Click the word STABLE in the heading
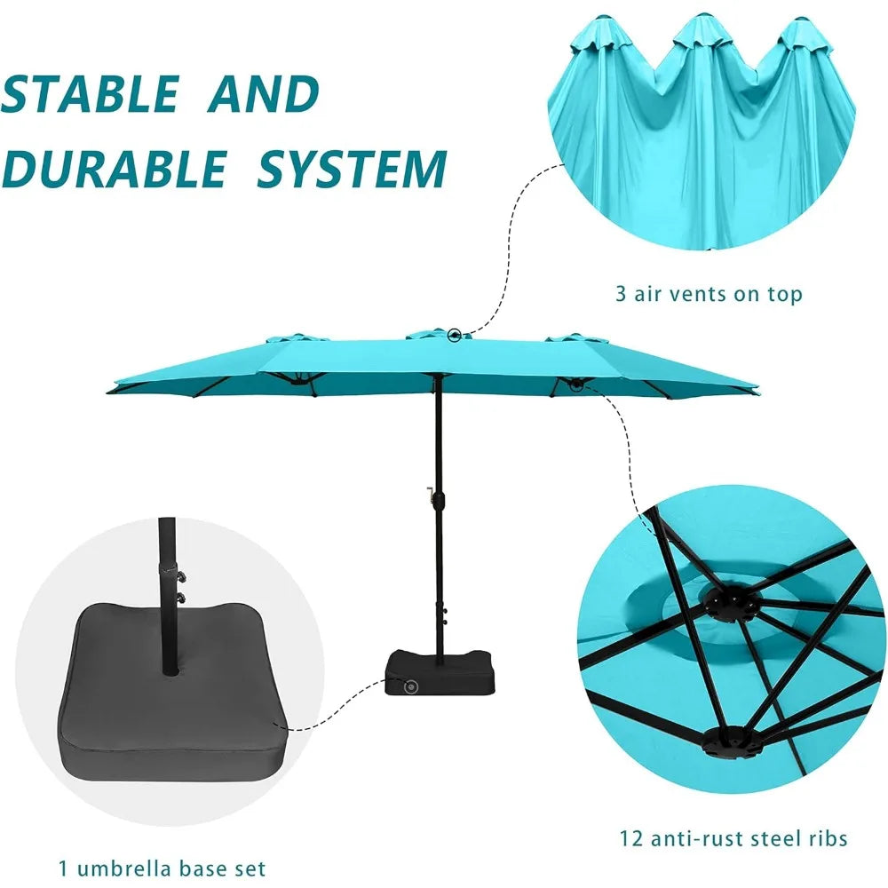90,93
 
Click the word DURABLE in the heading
115,168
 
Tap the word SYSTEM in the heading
352,168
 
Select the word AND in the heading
264,93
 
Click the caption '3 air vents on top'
709,294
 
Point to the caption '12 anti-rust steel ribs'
733,837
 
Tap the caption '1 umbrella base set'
162,868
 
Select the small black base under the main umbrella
440,673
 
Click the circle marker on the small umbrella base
410,687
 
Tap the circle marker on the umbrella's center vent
454,336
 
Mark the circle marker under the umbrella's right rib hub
576,385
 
